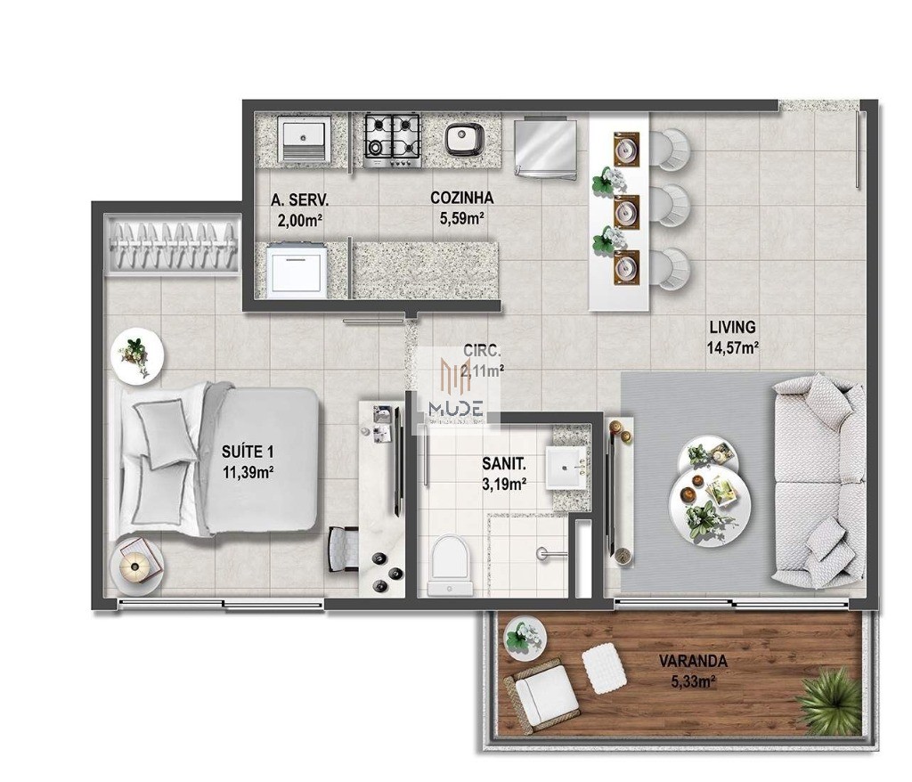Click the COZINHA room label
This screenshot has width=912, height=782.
[461, 198]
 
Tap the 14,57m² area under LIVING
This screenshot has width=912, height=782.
[733, 348]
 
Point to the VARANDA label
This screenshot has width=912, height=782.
[693, 662]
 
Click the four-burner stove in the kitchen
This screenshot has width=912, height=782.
[392, 140]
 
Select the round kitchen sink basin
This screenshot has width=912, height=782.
[464, 139]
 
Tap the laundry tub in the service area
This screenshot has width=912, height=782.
[303, 138]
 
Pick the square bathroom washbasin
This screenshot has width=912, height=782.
[566, 467]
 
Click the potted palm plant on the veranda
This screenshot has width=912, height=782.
[828, 698]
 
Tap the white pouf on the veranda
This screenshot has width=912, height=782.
[605, 668]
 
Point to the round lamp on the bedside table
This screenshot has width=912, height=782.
[134, 564]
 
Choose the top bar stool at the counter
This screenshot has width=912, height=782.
[672, 149]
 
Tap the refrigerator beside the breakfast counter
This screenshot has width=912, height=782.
[545, 147]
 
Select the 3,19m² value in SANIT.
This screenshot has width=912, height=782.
[503, 484]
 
